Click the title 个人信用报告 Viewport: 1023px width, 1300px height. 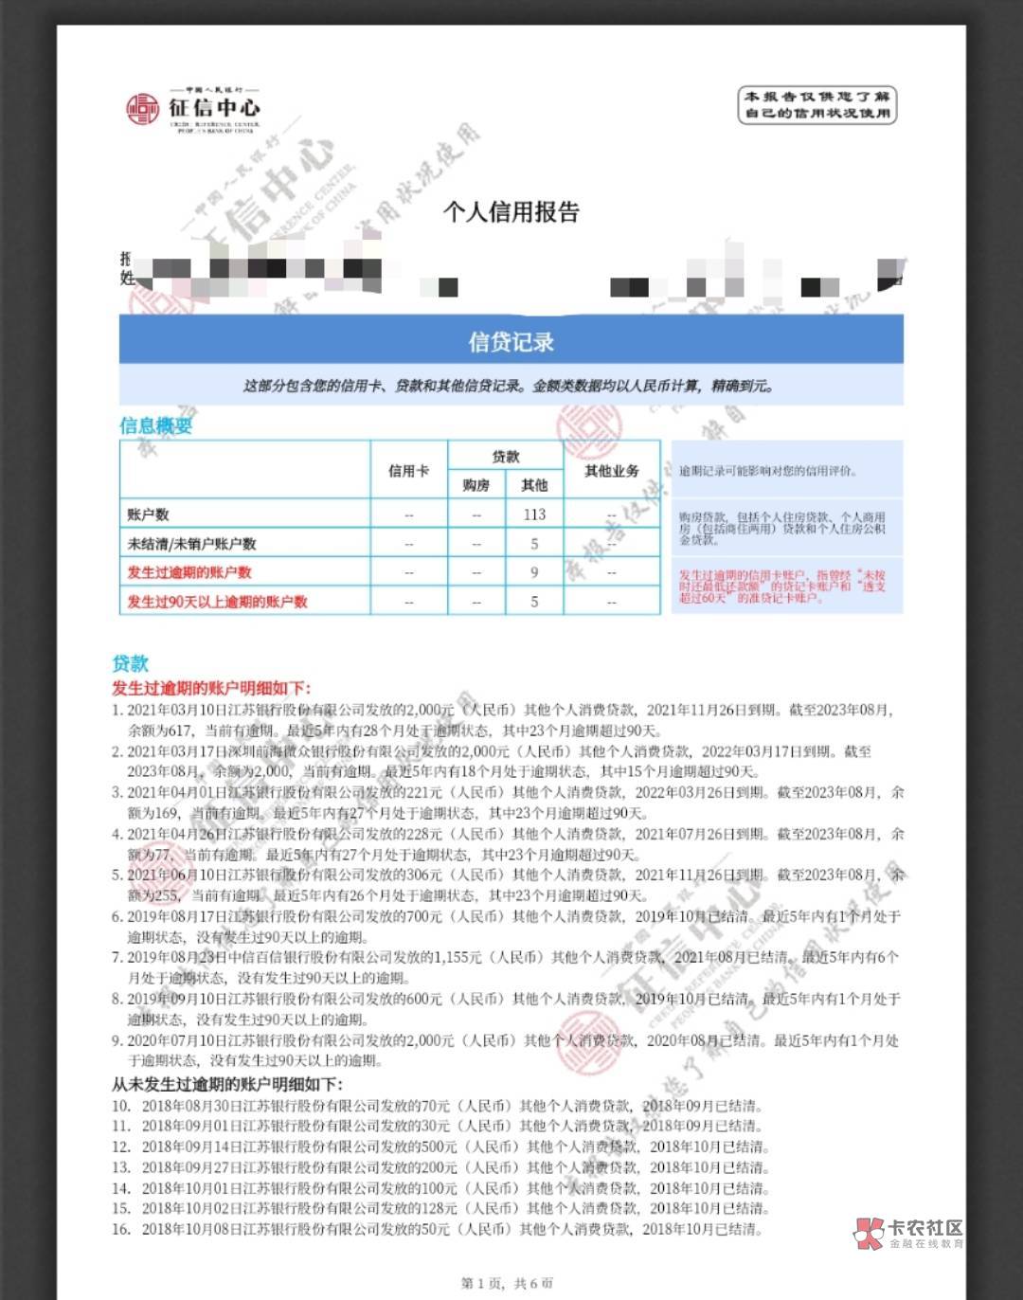pyautogui.click(x=511, y=212)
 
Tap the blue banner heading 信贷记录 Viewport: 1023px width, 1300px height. pyautogui.click(x=511, y=341)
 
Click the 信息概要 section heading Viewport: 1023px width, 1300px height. pyautogui.click(x=155, y=425)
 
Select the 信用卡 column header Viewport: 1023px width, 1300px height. pyautogui.click(x=408, y=470)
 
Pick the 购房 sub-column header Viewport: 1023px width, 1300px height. pyautogui.click(x=476, y=485)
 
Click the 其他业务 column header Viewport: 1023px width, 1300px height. pyautogui.click(x=611, y=470)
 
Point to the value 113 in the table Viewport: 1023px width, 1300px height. pyautogui.click(x=534, y=515)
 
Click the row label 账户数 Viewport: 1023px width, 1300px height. pyautogui.click(x=148, y=515)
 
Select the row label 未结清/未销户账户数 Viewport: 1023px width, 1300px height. pyautogui.click(x=191, y=544)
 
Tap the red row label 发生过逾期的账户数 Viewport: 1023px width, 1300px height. pyautogui.click(x=189, y=572)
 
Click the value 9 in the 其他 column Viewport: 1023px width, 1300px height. pyautogui.click(x=534, y=572)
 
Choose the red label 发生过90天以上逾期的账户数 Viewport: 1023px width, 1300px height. pyautogui.click(x=217, y=602)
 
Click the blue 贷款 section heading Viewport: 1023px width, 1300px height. pyautogui.click(x=130, y=663)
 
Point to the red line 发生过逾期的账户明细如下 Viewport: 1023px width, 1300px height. pyautogui.click(x=210, y=688)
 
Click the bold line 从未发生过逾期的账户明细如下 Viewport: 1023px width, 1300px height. pyautogui.click(x=227, y=1084)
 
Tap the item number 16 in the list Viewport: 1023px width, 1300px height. pyautogui.click(x=121, y=1229)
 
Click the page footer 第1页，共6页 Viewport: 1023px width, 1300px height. pyautogui.click(x=507, y=1283)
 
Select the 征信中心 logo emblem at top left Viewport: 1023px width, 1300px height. pyautogui.click(x=143, y=109)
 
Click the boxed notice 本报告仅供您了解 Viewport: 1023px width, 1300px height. pyautogui.click(x=817, y=104)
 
